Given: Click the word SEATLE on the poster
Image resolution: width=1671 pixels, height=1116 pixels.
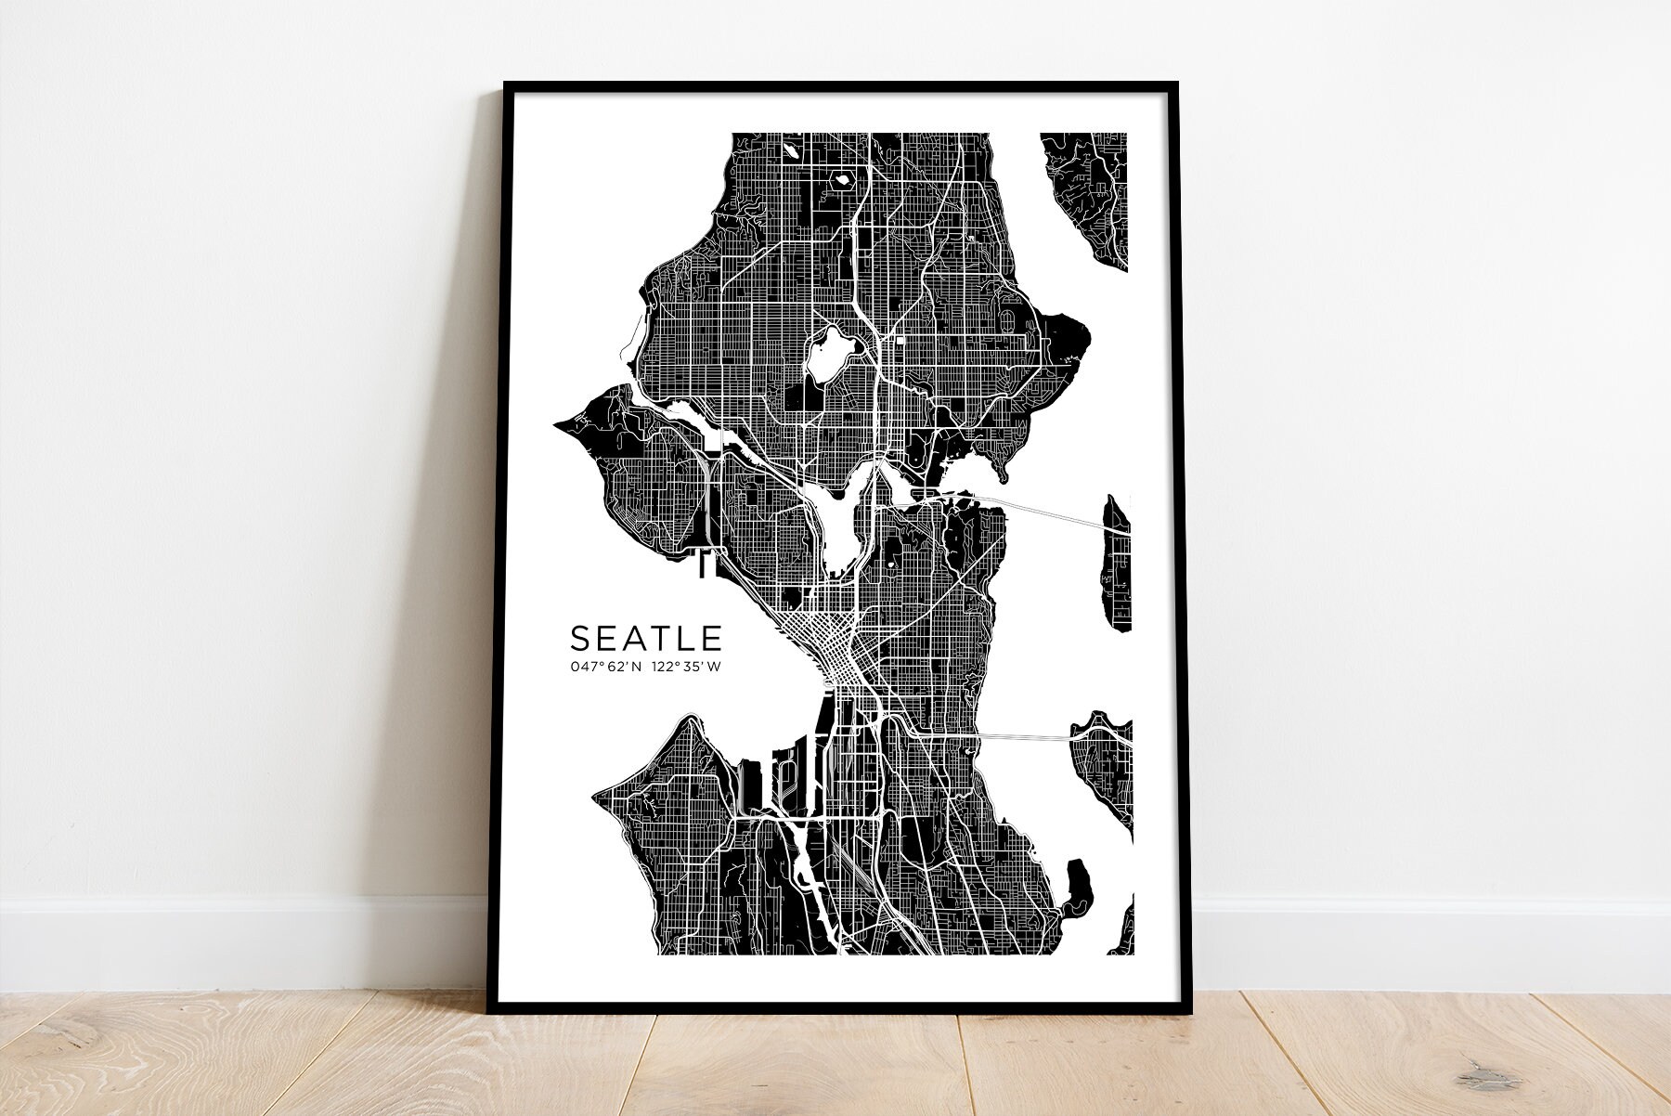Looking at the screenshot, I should click(646, 639).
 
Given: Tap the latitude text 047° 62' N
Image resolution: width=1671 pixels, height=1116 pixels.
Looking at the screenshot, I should click(606, 667).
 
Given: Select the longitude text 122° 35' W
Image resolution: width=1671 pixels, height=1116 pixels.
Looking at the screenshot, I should click(686, 667).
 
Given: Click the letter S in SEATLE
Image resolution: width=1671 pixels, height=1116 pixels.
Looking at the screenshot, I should click(579, 639).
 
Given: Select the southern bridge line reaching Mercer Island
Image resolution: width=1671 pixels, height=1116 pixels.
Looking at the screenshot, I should click(1021, 736).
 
